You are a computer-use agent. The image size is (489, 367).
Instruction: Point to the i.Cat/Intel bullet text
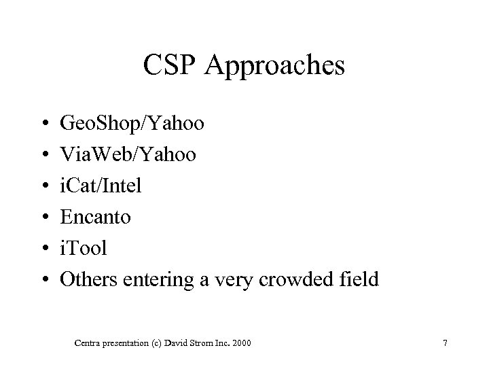coord(101,186)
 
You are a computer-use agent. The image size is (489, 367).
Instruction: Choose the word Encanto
coord(95,217)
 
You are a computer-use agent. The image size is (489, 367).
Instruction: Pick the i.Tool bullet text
coord(84,247)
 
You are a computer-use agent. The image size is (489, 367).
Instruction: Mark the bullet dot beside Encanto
coord(43,217)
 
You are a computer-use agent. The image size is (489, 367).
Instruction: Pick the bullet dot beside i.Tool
coord(43,248)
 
